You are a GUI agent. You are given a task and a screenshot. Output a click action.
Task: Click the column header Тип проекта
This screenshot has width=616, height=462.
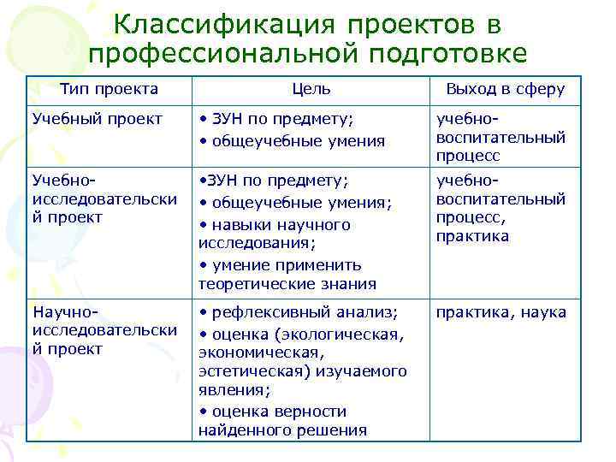click(109, 89)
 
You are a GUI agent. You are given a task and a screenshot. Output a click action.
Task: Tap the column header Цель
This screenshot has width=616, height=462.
click(311, 89)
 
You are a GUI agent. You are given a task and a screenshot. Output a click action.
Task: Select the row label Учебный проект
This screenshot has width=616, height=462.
click(96, 119)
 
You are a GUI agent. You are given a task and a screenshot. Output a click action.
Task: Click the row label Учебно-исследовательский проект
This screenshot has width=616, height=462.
click(104, 198)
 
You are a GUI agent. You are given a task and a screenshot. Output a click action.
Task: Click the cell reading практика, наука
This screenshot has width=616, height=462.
click(500, 312)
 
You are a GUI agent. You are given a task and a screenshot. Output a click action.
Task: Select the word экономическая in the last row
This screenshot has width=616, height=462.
click(248, 352)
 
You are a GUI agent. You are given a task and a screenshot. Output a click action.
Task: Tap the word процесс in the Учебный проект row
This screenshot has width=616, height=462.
click(468, 157)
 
